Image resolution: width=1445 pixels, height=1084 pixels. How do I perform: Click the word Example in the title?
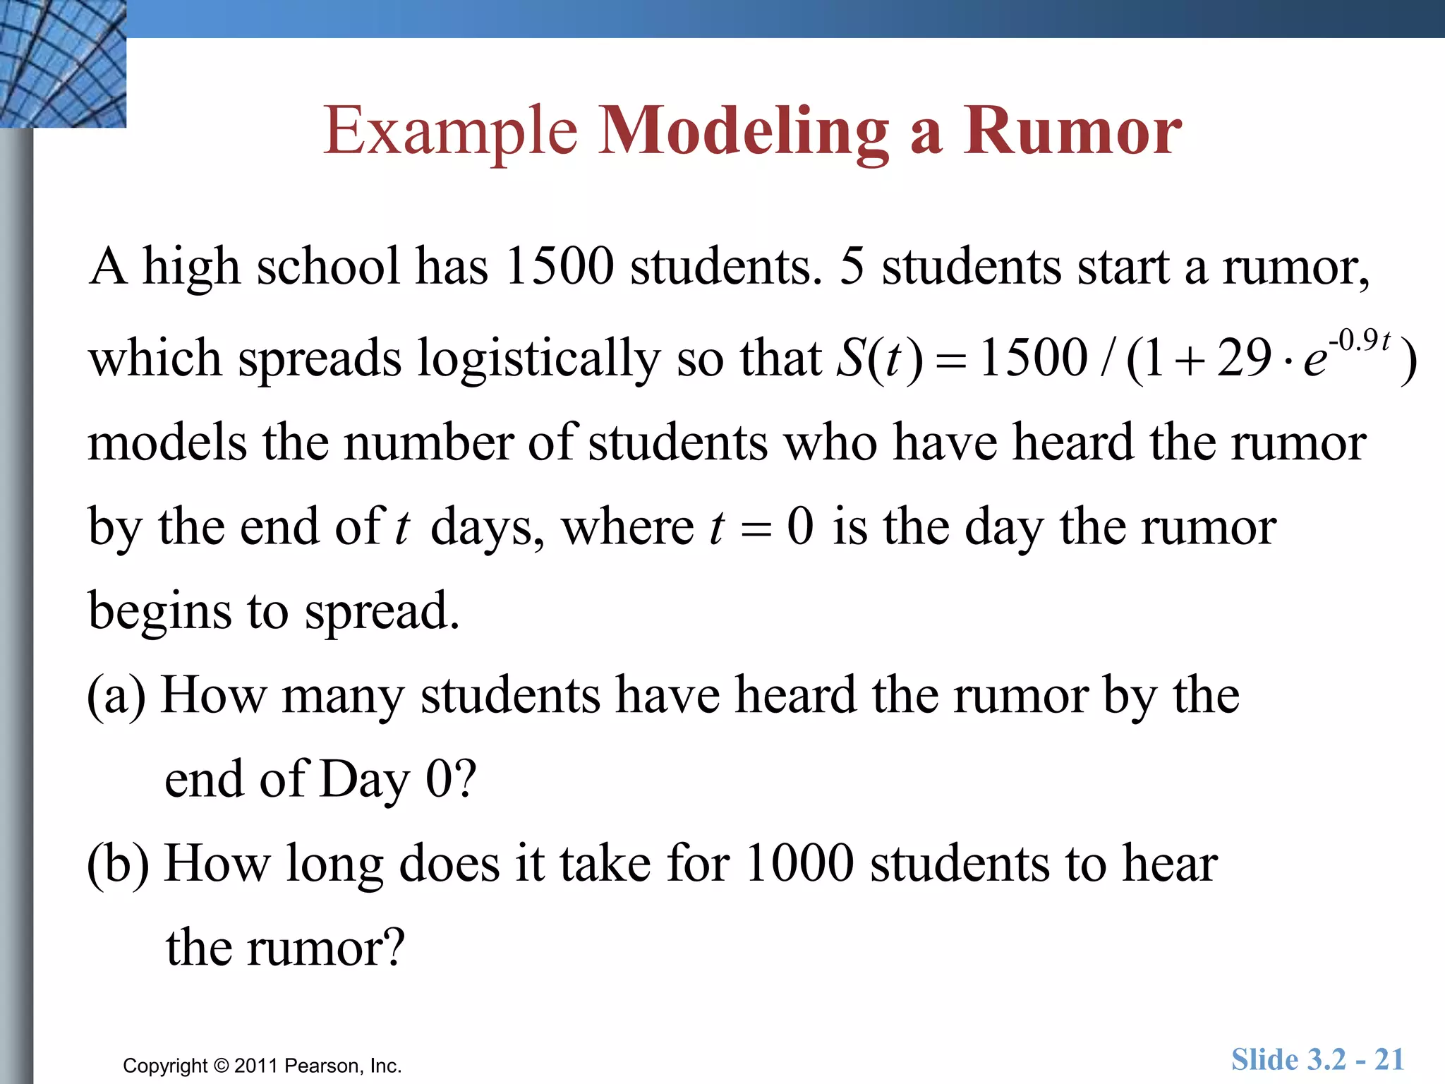click(450, 131)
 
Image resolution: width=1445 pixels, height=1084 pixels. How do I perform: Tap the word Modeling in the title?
click(744, 131)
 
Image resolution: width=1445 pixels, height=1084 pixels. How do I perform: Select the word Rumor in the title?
click(1072, 131)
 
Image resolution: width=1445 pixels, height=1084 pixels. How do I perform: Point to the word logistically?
click(539, 359)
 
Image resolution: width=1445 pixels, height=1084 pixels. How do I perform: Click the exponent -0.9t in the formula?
click(1359, 341)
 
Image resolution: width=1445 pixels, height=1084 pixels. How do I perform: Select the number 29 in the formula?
click(1244, 358)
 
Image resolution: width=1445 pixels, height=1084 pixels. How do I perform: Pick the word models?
click(167, 443)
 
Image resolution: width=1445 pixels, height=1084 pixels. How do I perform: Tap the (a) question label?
click(116, 696)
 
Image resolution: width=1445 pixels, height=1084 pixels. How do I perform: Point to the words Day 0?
click(398, 780)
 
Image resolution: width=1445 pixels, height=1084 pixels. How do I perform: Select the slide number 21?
click(1389, 1059)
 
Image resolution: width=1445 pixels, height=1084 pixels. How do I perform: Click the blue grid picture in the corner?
click(63, 64)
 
